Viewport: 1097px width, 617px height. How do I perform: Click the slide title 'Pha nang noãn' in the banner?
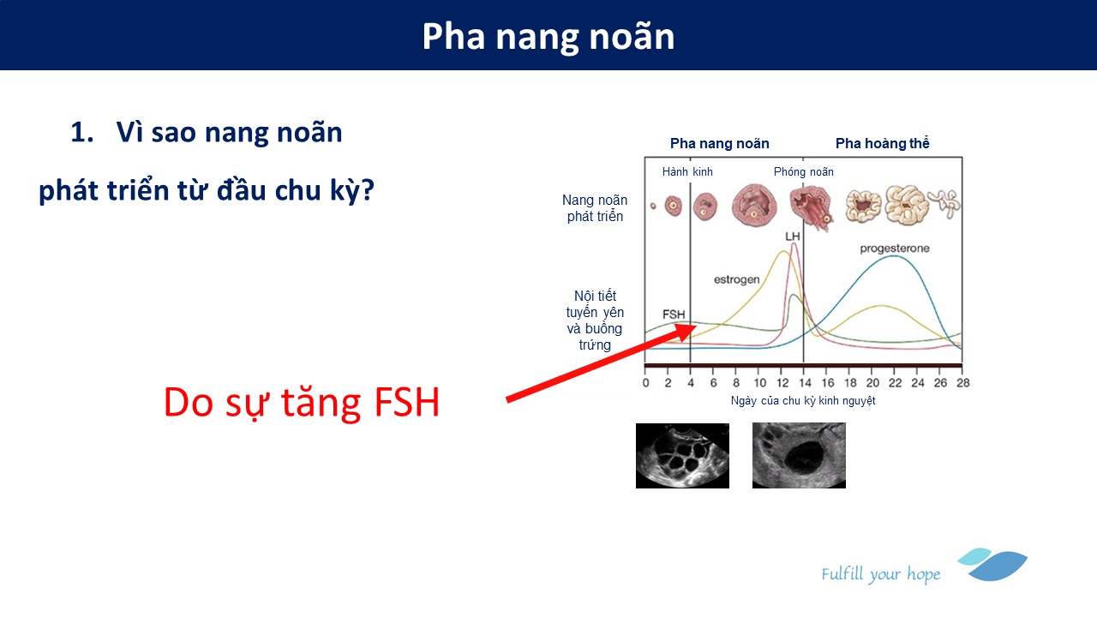tap(548, 37)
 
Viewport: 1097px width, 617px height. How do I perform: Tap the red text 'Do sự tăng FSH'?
tap(302, 403)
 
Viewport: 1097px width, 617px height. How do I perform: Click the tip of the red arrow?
tap(698, 325)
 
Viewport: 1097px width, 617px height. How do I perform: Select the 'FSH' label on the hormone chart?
tap(674, 314)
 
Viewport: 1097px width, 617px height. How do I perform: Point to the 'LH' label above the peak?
tap(793, 237)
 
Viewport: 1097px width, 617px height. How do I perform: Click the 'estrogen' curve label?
tap(736, 279)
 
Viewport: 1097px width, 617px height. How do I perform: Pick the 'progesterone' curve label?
tap(895, 249)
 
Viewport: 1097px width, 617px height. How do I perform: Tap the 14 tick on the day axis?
tap(805, 383)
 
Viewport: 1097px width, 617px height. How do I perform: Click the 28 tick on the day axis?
tap(962, 383)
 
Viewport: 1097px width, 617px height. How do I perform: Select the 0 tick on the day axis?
tap(646, 383)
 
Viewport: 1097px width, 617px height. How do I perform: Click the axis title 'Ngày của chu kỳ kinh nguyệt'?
tap(803, 400)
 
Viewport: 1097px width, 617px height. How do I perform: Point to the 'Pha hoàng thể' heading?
tap(882, 143)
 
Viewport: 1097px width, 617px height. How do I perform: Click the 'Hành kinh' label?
tap(687, 172)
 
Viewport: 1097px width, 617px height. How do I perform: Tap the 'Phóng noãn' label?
tap(803, 172)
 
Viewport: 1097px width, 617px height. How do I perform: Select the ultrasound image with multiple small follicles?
tap(682, 456)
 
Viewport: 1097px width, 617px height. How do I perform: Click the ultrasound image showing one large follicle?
tap(799, 455)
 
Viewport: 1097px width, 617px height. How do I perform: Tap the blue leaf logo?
tap(993, 565)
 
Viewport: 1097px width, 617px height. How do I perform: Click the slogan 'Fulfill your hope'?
tap(880, 574)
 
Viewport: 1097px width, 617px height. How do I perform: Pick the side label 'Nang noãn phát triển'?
tap(595, 208)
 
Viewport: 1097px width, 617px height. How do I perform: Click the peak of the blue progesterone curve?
tap(894, 255)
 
